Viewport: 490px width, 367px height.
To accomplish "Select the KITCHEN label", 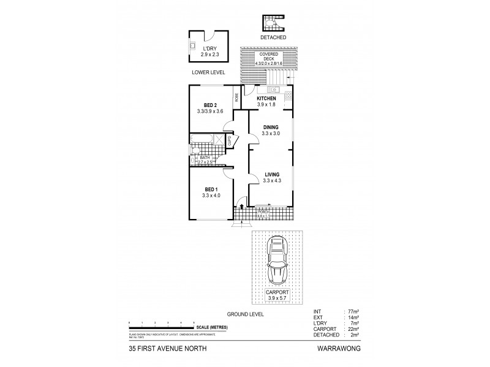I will tap(266, 98).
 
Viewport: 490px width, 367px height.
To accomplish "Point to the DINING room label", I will tap(269, 127).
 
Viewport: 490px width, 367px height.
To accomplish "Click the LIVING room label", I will tap(269, 174).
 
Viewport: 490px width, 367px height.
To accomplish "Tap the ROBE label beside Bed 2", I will tap(236, 97).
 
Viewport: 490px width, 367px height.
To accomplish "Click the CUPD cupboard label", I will tap(230, 141).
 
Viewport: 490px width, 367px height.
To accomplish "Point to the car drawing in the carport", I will tap(279, 259).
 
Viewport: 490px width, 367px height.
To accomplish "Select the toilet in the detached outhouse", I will tap(271, 24).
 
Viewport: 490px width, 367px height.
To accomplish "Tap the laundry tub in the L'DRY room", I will tap(192, 47).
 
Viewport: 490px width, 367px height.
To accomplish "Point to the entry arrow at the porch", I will tap(243, 207).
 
